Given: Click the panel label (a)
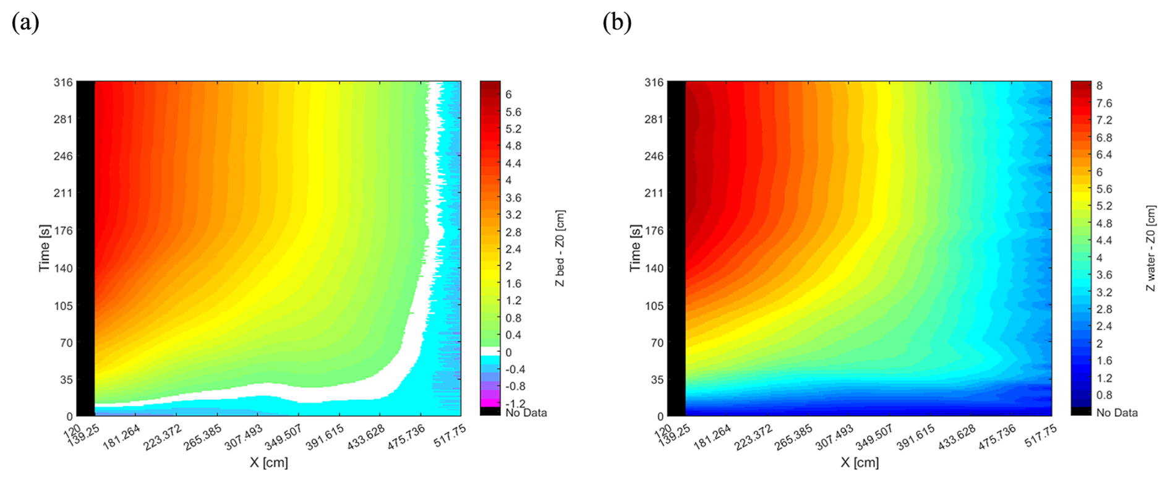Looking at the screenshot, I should tap(25, 23).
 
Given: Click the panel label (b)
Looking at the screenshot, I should tap(617, 23).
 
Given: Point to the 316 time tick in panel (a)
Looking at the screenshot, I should tap(64, 82).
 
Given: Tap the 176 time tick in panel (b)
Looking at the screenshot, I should tap(654, 231).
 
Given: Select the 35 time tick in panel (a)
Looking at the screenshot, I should tap(66, 380).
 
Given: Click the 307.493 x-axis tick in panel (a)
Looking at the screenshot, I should tap(244, 437).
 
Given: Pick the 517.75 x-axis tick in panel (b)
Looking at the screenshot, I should tap(1041, 436).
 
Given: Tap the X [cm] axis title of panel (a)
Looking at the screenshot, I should tap(269, 462).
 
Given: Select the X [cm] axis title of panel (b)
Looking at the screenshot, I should tap(860, 462).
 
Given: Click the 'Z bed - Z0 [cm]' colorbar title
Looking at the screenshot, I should tap(560, 247).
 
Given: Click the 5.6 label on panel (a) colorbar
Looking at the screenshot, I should tap(513, 112).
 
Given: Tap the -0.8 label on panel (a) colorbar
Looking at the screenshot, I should tap(515, 386).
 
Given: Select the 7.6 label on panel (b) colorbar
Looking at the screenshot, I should tap(1104, 103).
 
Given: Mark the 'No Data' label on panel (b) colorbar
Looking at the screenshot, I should tap(1117, 412).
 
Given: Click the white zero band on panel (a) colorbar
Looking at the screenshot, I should tap(490, 351).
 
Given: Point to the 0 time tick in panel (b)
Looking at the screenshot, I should tap(660, 416).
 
